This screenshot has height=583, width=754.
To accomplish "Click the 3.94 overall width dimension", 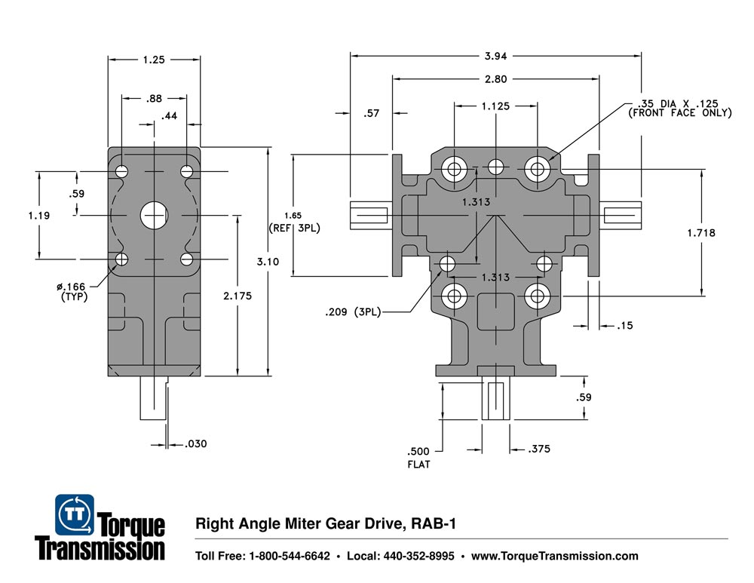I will pos(496,55).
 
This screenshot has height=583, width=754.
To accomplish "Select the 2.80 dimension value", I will pos(496,78).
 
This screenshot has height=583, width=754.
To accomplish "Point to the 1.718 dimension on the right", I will pos(701,233).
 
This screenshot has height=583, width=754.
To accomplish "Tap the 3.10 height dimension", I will pos(269,261).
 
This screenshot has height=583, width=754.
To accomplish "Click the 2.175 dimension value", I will pos(238,297).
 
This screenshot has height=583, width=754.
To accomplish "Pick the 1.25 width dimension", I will pos(153,58).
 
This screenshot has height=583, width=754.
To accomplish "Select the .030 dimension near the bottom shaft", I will pos(195,444).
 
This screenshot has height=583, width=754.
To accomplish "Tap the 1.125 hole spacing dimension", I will pos(495,106).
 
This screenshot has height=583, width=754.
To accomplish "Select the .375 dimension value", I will pos(540,449).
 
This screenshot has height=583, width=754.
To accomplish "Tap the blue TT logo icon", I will pos(75,514).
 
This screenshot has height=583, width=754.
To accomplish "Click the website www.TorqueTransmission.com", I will pos(554,557).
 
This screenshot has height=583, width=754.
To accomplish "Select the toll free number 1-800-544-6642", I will pos(289,557).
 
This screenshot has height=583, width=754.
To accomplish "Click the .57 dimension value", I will pos(371,114).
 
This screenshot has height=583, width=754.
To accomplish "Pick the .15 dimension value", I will pos(624,327).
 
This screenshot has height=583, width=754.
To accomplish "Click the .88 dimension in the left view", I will pos(153,98).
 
